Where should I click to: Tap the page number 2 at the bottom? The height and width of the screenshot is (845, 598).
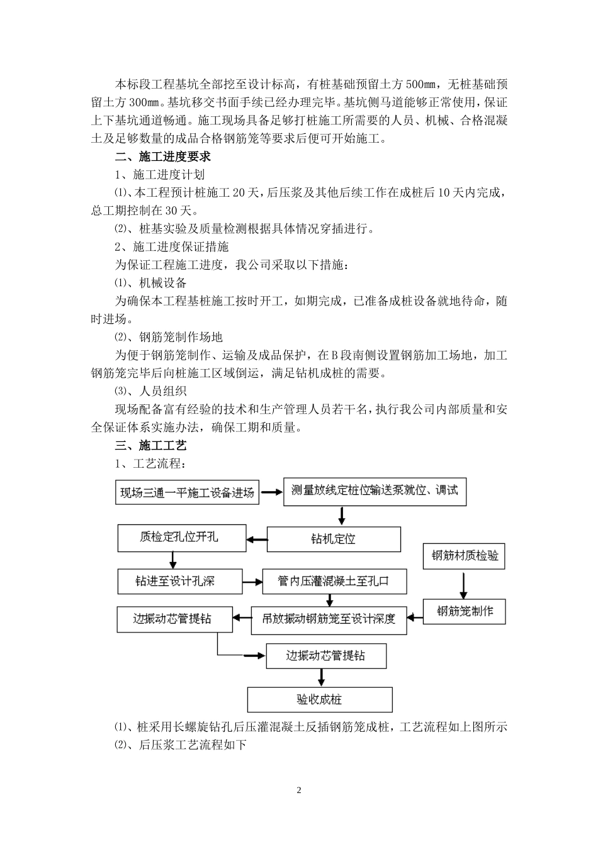point(299,790)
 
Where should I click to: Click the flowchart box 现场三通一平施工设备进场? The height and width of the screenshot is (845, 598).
point(188,492)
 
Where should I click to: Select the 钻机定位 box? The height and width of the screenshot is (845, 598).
point(334,539)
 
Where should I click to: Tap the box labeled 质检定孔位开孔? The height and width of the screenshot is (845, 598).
point(179,538)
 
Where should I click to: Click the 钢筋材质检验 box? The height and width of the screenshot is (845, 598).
point(465,556)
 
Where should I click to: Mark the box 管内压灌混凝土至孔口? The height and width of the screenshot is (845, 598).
point(334,581)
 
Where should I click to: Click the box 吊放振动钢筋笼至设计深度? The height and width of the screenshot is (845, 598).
point(329,619)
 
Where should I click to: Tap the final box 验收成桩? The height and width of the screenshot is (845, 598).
point(320,699)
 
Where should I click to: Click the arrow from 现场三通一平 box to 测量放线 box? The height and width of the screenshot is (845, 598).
point(272,492)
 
